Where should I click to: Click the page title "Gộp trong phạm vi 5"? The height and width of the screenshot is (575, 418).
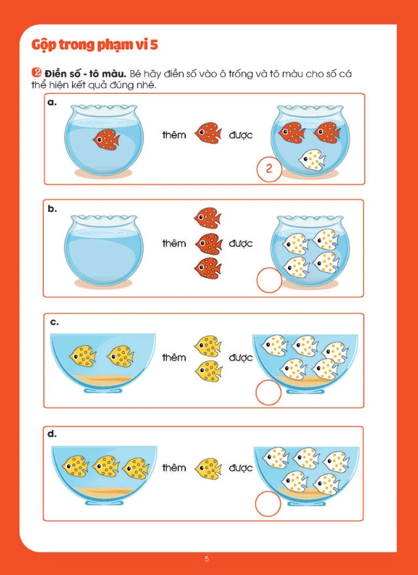pyautogui.click(x=95, y=45)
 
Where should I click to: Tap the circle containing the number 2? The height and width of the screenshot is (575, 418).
pyautogui.click(x=269, y=169)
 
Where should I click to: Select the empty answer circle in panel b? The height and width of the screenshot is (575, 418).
pyautogui.click(x=269, y=280)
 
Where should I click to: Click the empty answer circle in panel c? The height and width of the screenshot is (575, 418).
pyautogui.click(x=269, y=393)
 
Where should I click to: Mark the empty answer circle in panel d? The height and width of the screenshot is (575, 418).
pyautogui.click(x=268, y=504)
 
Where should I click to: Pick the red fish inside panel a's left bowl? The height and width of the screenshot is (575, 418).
pyautogui.click(x=106, y=139)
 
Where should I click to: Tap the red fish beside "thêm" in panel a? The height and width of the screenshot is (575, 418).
pyautogui.click(x=208, y=133)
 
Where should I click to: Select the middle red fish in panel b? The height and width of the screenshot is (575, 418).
pyautogui.click(x=208, y=243)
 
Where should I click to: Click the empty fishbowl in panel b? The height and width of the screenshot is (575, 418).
pyautogui.click(x=104, y=251)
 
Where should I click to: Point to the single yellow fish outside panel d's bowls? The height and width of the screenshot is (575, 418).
pyautogui.click(x=208, y=467)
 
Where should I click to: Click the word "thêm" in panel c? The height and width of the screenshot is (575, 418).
pyautogui.click(x=174, y=357)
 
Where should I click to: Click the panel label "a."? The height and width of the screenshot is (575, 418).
pyautogui.click(x=53, y=102)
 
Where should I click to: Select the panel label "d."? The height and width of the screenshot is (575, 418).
pyautogui.click(x=53, y=434)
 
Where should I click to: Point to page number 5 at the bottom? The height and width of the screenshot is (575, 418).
pyautogui.click(x=206, y=559)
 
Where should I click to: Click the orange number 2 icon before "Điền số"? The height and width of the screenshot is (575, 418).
pyautogui.click(x=36, y=73)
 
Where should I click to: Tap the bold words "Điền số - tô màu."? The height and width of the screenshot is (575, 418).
pyautogui.click(x=85, y=74)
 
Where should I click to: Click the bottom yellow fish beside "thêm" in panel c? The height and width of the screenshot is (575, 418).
pyautogui.click(x=208, y=371)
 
